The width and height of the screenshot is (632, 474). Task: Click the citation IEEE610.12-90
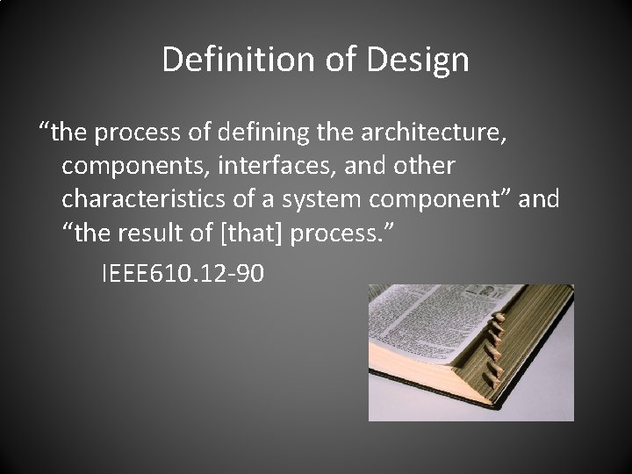coord(182,274)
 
